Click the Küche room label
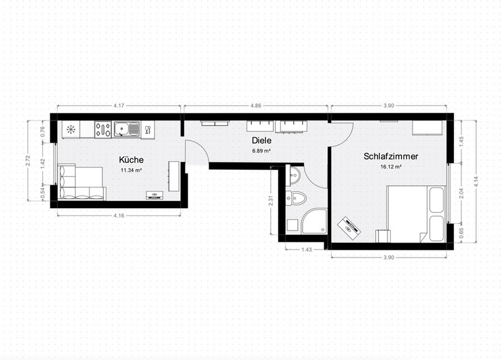point(131,160)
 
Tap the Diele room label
point(262,140)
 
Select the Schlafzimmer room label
point(391,156)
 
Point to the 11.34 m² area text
point(131,170)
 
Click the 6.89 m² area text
point(261,151)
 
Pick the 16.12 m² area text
point(391,167)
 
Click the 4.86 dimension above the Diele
point(256,106)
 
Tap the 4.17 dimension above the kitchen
point(119,106)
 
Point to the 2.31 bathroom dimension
point(272,200)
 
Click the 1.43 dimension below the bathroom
point(307,249)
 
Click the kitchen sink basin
point(123,129)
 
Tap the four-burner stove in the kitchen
point(102,129)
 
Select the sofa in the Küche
point(81,183)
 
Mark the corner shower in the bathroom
point(315,222)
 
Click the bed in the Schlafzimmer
point(415,213)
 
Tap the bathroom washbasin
point(294,176)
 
